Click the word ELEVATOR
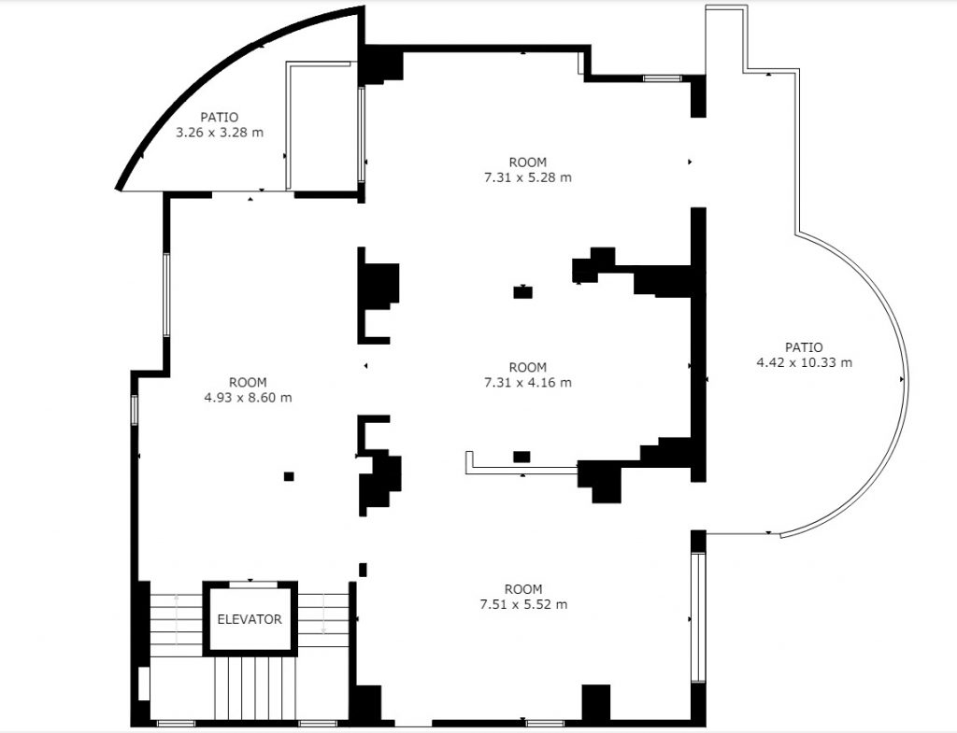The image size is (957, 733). (x=250, y=620)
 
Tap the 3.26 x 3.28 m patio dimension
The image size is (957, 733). (x=220, y=133)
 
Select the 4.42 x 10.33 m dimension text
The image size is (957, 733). (x=805, y=362)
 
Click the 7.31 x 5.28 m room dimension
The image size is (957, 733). (x=528, y=177)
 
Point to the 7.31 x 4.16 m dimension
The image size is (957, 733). (x=528, y=382)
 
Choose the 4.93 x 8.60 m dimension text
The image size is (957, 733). (x=248, y=398)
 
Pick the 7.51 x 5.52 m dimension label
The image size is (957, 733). (x=523, y=604)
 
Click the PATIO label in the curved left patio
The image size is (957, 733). (x=220, y=117)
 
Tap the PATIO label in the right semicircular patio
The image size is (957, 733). (x=804, y=347)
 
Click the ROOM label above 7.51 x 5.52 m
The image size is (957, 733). (x=523, y=589)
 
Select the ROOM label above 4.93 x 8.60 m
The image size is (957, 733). (x=248, y=382)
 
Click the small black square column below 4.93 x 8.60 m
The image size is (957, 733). (x=289, y=476)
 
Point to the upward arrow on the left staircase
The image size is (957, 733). (x=177, y=619)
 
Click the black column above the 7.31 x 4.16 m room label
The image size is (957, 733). (x=523, y=292)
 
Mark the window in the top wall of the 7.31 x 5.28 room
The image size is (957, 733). (x=663, y=78)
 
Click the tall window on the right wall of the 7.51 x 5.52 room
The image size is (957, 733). (x=697, y=617)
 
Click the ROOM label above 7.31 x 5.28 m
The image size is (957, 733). (x=528, y=162)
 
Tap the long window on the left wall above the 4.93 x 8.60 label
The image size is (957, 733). (x=166, y=294)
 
